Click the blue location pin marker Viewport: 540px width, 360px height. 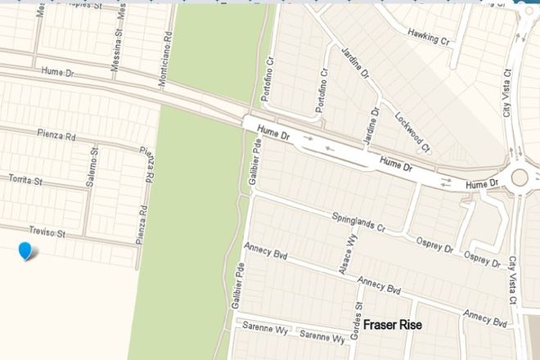27,251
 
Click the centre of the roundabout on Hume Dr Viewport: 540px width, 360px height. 520,178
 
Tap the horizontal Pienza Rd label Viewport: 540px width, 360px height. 57,134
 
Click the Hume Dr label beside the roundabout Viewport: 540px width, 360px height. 481,186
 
